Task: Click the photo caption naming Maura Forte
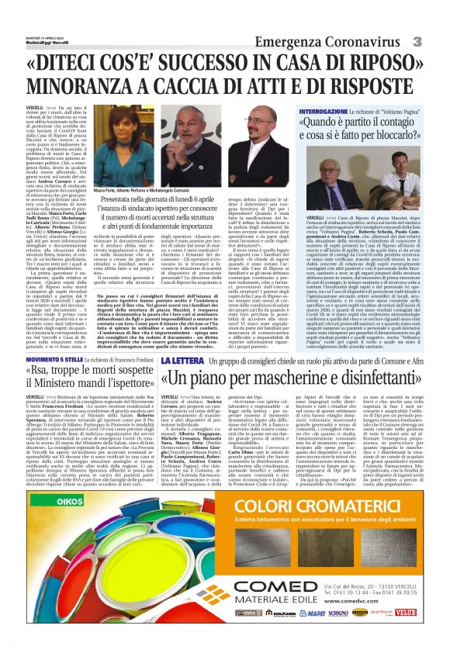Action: coord(144,190)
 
